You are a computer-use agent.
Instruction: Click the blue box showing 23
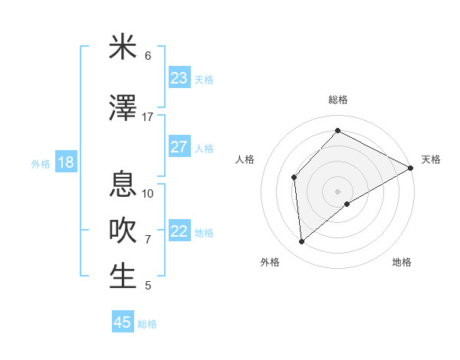(179, 78)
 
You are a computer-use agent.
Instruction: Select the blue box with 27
(179, 147)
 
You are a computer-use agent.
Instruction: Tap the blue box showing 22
(179, 231)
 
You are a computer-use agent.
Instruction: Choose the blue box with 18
(65, 162)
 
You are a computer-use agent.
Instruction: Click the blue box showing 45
(123, 322)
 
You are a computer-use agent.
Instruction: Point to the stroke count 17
(148, 117)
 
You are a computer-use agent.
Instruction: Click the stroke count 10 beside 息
(148, 193)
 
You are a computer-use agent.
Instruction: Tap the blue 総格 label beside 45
(147, 324)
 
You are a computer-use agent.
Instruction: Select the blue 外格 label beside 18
(41, 163)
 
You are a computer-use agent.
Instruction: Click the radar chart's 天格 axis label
(431, 159)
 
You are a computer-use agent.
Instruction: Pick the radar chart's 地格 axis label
(402, 262)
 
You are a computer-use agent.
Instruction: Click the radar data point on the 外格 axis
(302, 242)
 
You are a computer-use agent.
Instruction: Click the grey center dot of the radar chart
(337, 191)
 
